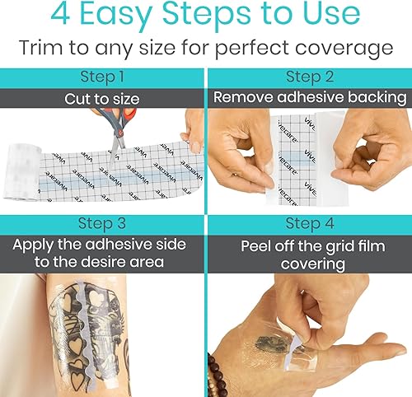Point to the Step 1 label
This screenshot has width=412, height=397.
coord(101,77)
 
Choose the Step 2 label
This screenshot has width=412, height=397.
coord(309,77)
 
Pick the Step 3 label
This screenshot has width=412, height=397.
coord(101,223)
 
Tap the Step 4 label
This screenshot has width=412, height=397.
coord(309,223)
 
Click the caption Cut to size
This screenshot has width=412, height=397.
coord(101,98)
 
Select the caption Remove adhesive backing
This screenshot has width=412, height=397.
coord(309,97)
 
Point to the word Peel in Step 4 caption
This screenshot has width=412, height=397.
coord(257,245)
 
